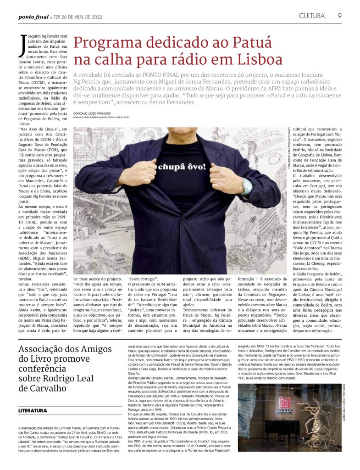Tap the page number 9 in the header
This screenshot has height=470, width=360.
click(x=339, y=16)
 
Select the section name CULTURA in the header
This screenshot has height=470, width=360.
click(x=311, y=16)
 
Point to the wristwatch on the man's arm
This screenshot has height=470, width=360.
click(x=248, y=186)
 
